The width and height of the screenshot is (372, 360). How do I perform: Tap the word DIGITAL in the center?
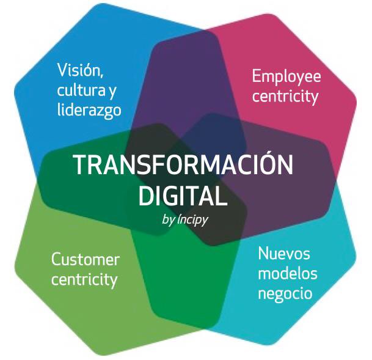(x=183, y=196)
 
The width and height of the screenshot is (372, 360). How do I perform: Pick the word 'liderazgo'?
(x=89, y=111)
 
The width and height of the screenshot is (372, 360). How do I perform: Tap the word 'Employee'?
(x=286, y=76)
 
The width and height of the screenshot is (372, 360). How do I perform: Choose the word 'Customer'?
(x=86, y=259)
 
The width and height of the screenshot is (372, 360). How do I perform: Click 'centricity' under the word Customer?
(x=84, y=280)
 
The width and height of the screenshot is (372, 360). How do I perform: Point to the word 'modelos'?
(x=286, y=273)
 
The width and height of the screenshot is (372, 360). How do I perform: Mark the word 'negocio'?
(x=285, y=293)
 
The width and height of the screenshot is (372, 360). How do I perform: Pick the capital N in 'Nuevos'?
(x=263, y=253)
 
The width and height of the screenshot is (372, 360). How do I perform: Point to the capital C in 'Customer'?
(x=56, y=259)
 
